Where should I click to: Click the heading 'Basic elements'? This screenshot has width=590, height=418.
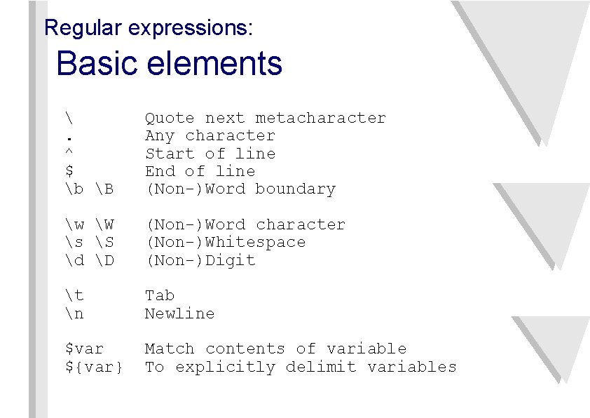point(169,64)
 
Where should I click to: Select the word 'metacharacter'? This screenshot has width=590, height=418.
point(320,118)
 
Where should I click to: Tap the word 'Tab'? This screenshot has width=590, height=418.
point(160,296)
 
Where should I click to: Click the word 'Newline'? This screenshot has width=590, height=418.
point(179,313)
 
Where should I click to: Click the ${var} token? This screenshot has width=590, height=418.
point(94,367)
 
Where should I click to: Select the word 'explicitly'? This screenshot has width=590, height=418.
point(225,367)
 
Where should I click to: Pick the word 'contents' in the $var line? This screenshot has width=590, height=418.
point(245,349)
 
